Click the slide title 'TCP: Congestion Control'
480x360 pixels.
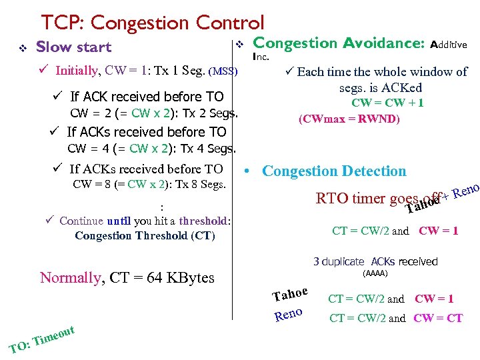pyautogui.click(x=153, y=23)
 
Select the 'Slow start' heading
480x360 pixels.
pyautogui.click(x=73, y=47)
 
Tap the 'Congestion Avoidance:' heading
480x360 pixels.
pyautogui.click(x=339, y=43)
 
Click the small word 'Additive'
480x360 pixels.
pyautogui.click(x=449, y=45)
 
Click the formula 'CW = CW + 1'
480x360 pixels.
pyautogui.click(x=387, y=103)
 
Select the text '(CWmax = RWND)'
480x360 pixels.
pyautogui.click(x=349, y=120)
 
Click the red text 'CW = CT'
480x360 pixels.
pyautogui.click(x=438, y=318)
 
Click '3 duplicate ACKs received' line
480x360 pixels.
pyautogui.click(x=375, y=261)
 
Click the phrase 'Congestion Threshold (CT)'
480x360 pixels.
pyautogui.click(x=145, y=235)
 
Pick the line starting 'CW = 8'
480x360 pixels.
pyautogui.click(x=149, y=184)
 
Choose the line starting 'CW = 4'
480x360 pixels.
pyautogui.click(x=152, y=149)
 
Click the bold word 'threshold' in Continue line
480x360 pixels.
pyautogui.click(x=203, y=221)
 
